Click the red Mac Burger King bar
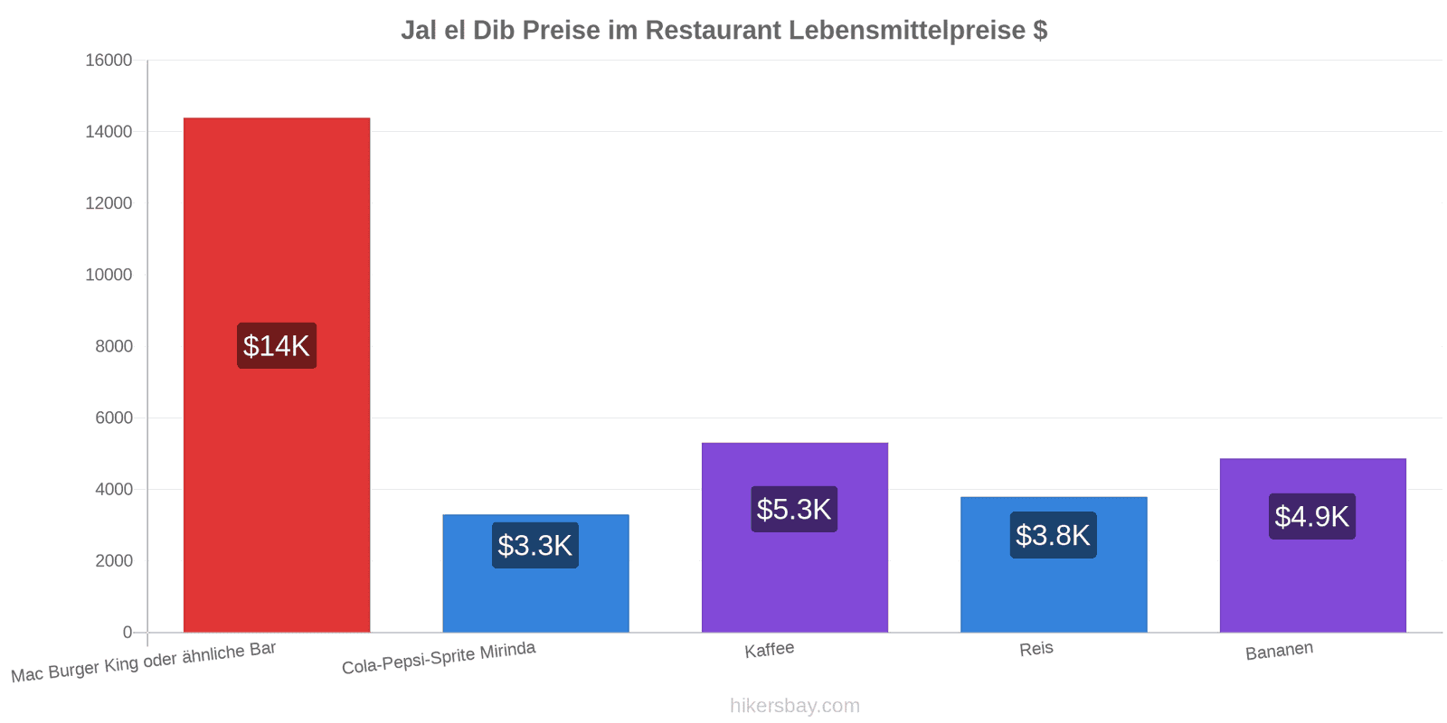click(x=277, y=375)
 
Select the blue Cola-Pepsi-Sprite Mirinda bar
click(x=535, y=573)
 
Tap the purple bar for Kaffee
click(x=795, y=538)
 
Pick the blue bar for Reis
click(x=1054, y=565)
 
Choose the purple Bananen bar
click(x=1312, y=546)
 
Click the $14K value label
click(x=277, y=346)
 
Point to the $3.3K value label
click(x=534, y=546)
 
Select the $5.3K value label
click(x=794, y=510)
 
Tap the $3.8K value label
click(x=1053, y=535)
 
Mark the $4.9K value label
click(x=1312, y=516)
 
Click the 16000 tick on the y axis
click(x=109, y=60)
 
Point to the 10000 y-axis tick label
click(x=109, y=275)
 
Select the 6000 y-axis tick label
click(x=114, y=418)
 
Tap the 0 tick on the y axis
click(x=128, y=633)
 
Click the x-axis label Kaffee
click(x=770, y=650)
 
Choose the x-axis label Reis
click(x=1036, y=649)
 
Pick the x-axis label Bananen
click(x=1279, y=651)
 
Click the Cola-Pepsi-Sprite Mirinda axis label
click(x=439, y=658)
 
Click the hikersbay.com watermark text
click(x=795, y=706)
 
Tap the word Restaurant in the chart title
click(x=714, y=31)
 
